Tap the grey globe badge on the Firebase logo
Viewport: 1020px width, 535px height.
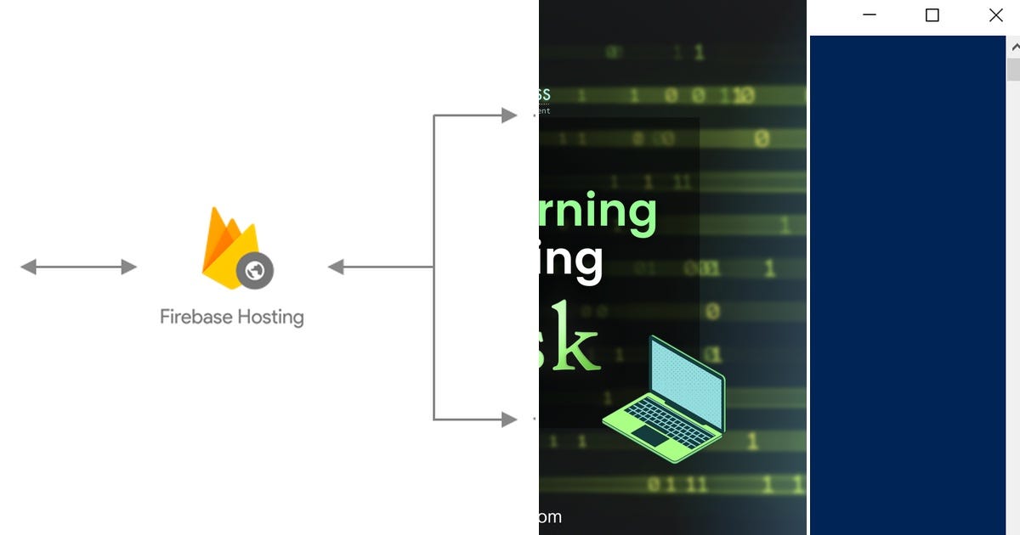(255, 271)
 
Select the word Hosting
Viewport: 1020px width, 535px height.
(269, 318)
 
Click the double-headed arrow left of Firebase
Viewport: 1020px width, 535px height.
(78, 267)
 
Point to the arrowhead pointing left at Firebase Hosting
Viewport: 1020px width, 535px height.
(337, 267)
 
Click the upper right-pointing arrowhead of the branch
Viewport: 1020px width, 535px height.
(508, 115)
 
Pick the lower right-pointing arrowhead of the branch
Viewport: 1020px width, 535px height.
(508, 419)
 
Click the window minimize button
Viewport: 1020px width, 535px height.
(869, 15)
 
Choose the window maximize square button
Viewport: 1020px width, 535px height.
(932, 15)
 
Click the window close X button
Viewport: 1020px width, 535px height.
(995, 15)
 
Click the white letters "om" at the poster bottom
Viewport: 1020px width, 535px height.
(550, 516)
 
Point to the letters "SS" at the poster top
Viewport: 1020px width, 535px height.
(541, 95)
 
